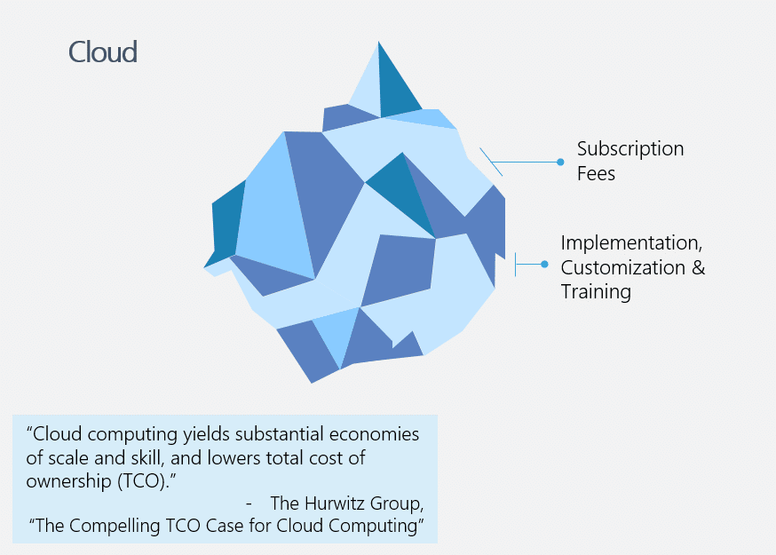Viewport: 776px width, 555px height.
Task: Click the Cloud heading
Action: (x=102, y=52)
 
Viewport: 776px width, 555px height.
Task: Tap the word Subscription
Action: (x=630, y=149)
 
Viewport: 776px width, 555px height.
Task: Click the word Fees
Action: (x=596, y=173)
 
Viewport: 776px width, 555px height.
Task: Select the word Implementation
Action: (x=631, y=243)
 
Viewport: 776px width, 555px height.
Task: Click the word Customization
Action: (x=622, y=267)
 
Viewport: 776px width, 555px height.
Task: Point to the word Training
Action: (x=596, y=292)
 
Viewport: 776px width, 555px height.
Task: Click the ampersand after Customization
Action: (x=698, y=267)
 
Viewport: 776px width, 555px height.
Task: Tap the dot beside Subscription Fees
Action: (x=560, y=162)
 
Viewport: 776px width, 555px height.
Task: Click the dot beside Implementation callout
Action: (x=544, y=265)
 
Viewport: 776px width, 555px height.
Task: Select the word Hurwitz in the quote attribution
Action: (x=334, y=503)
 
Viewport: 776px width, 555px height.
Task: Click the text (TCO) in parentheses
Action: (x=141, y=481)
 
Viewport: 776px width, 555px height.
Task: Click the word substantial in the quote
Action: (x=279, y=434)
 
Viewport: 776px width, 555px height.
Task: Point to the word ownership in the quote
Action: (x=68, y=481)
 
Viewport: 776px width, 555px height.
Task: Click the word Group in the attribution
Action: (x=397, y=504)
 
